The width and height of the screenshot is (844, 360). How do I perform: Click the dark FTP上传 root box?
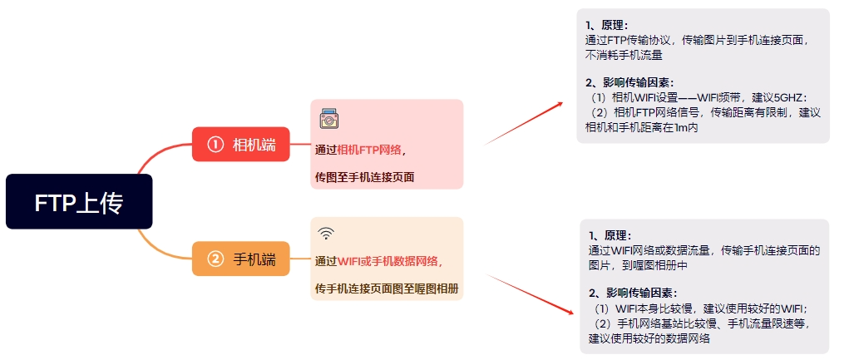click(79, 202)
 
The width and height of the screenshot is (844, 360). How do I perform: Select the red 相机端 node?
click(241, 145)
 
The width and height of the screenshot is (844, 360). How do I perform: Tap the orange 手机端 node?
click(241, 259)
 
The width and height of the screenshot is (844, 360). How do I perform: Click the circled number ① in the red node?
click(215, 145)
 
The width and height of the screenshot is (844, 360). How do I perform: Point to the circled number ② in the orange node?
click(215, 259)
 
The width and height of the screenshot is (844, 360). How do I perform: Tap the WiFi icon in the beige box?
click(327, 233)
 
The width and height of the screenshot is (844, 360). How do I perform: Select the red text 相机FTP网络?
click(369, 150)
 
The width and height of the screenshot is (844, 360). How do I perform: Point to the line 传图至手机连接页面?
click(365, 177)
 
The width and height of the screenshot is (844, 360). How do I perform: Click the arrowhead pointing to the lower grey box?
click(570, 312)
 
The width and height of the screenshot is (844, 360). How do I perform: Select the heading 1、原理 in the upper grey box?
click(607, 26)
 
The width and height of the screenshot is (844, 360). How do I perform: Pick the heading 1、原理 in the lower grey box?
click(610, 236)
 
